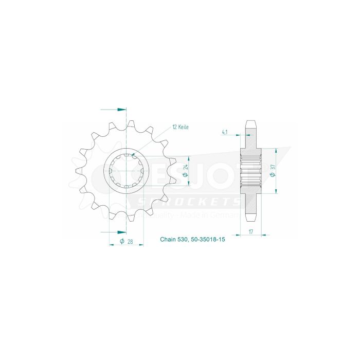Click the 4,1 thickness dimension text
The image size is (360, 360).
(x=225, y=132)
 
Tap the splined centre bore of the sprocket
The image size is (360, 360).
(x=127, y=170)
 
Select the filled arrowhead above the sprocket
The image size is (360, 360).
(x=121, y=110)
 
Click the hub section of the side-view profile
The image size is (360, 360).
(x=250, y=170)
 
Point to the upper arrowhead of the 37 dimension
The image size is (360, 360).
(x=277, y=151)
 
